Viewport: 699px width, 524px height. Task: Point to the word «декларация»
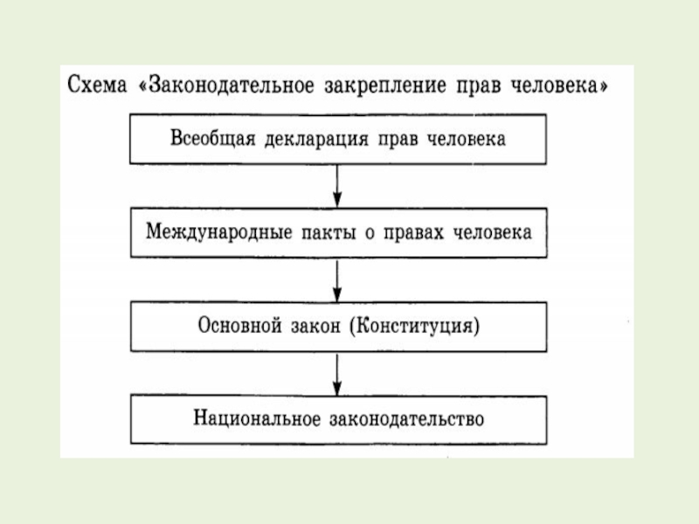tap(305, 140)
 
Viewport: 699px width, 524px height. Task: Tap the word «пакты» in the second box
tap(310, 233)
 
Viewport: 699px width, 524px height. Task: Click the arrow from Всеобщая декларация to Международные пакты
tap(338, 185)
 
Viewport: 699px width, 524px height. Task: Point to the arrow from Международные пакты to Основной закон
tap(338, 279)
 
